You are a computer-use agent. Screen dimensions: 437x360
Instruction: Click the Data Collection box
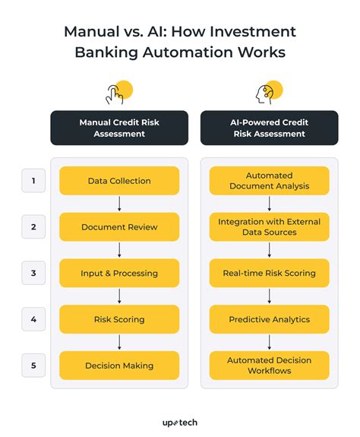tap(118, 181)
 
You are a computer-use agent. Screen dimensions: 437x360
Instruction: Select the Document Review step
tap(118, 227)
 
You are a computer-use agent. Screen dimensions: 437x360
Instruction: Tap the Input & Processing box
tap(118, 273)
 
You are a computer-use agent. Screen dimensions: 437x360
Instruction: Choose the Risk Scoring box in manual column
tap(118, 319)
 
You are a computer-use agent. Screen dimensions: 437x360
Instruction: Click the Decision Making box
tap(118, 366)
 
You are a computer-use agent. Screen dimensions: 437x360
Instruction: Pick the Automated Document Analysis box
tap(270, 181)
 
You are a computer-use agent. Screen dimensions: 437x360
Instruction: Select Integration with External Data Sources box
tap(270, 227)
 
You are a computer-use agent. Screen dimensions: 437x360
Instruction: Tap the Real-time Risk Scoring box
tap(270, 273)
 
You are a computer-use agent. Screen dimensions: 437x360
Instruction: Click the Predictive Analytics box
tap(270, 319)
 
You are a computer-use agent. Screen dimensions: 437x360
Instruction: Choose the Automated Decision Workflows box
tap(270, 366)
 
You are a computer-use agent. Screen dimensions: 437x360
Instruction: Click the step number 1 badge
tap(33, 181)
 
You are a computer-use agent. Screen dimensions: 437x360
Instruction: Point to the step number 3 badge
tap(33, 273)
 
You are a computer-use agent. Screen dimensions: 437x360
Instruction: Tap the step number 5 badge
tap(33, 366)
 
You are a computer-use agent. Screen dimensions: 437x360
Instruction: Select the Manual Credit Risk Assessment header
tap(118, 128)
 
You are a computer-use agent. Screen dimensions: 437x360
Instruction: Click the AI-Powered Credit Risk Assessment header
tap(270, 128)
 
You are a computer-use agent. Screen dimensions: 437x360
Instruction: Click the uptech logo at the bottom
tap(179, 421)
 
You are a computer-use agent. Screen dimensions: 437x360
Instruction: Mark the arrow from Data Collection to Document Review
tap(118, 204)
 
